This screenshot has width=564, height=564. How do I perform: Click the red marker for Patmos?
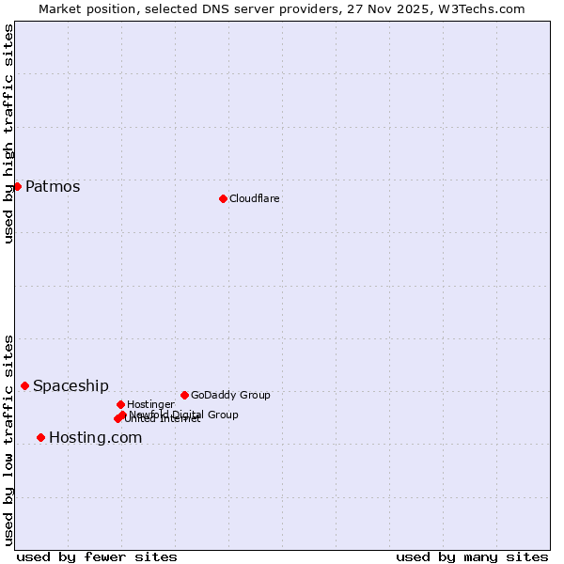17,186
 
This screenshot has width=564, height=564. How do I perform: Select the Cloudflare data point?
223,198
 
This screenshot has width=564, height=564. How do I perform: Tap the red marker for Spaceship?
24,385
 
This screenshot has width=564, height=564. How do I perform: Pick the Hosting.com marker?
40,437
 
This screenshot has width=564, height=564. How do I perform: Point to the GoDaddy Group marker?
184,395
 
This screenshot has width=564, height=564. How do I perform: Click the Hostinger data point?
120,404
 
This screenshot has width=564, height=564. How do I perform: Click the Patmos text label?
53,186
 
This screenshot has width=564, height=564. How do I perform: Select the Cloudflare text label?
255,198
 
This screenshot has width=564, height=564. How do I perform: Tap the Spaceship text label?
70,385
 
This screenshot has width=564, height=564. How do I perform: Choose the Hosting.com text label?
95,437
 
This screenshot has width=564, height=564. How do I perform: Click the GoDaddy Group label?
230,395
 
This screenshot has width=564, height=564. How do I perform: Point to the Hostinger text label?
150,404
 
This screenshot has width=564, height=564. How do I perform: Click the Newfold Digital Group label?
184,414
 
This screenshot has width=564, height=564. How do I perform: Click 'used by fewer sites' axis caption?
97,556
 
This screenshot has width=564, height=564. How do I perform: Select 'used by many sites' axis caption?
472,556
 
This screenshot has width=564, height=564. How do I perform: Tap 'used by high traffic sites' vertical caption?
8,133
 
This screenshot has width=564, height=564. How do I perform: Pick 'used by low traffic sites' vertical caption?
8,439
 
